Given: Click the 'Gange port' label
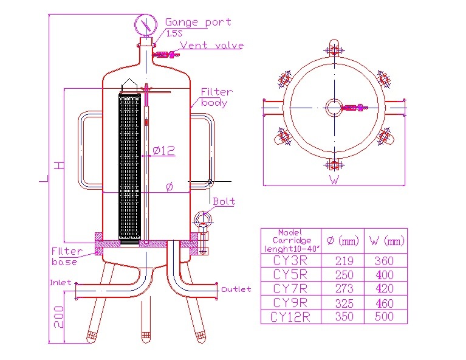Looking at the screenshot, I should tap(198, 22).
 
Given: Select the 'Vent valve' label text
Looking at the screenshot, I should tap(212, 46).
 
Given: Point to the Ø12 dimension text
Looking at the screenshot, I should tap(163, 150).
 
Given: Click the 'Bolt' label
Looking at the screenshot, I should tap(224, 201).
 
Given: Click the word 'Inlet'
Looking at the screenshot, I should tap(61, 283).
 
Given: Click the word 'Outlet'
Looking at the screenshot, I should tap(236, 289).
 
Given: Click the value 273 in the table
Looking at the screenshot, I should tap(344, 289).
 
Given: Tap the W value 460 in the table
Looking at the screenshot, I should tap(385, 303).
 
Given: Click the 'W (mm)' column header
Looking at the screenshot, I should tap(385, 241).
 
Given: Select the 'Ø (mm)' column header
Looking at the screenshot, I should tap(343, 241).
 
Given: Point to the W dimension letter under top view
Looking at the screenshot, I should tap(334, 179).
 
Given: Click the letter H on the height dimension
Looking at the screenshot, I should tap(58, 165).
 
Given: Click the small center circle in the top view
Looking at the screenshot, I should tap(334, 108).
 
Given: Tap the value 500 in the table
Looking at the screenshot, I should tap(385, 317).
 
